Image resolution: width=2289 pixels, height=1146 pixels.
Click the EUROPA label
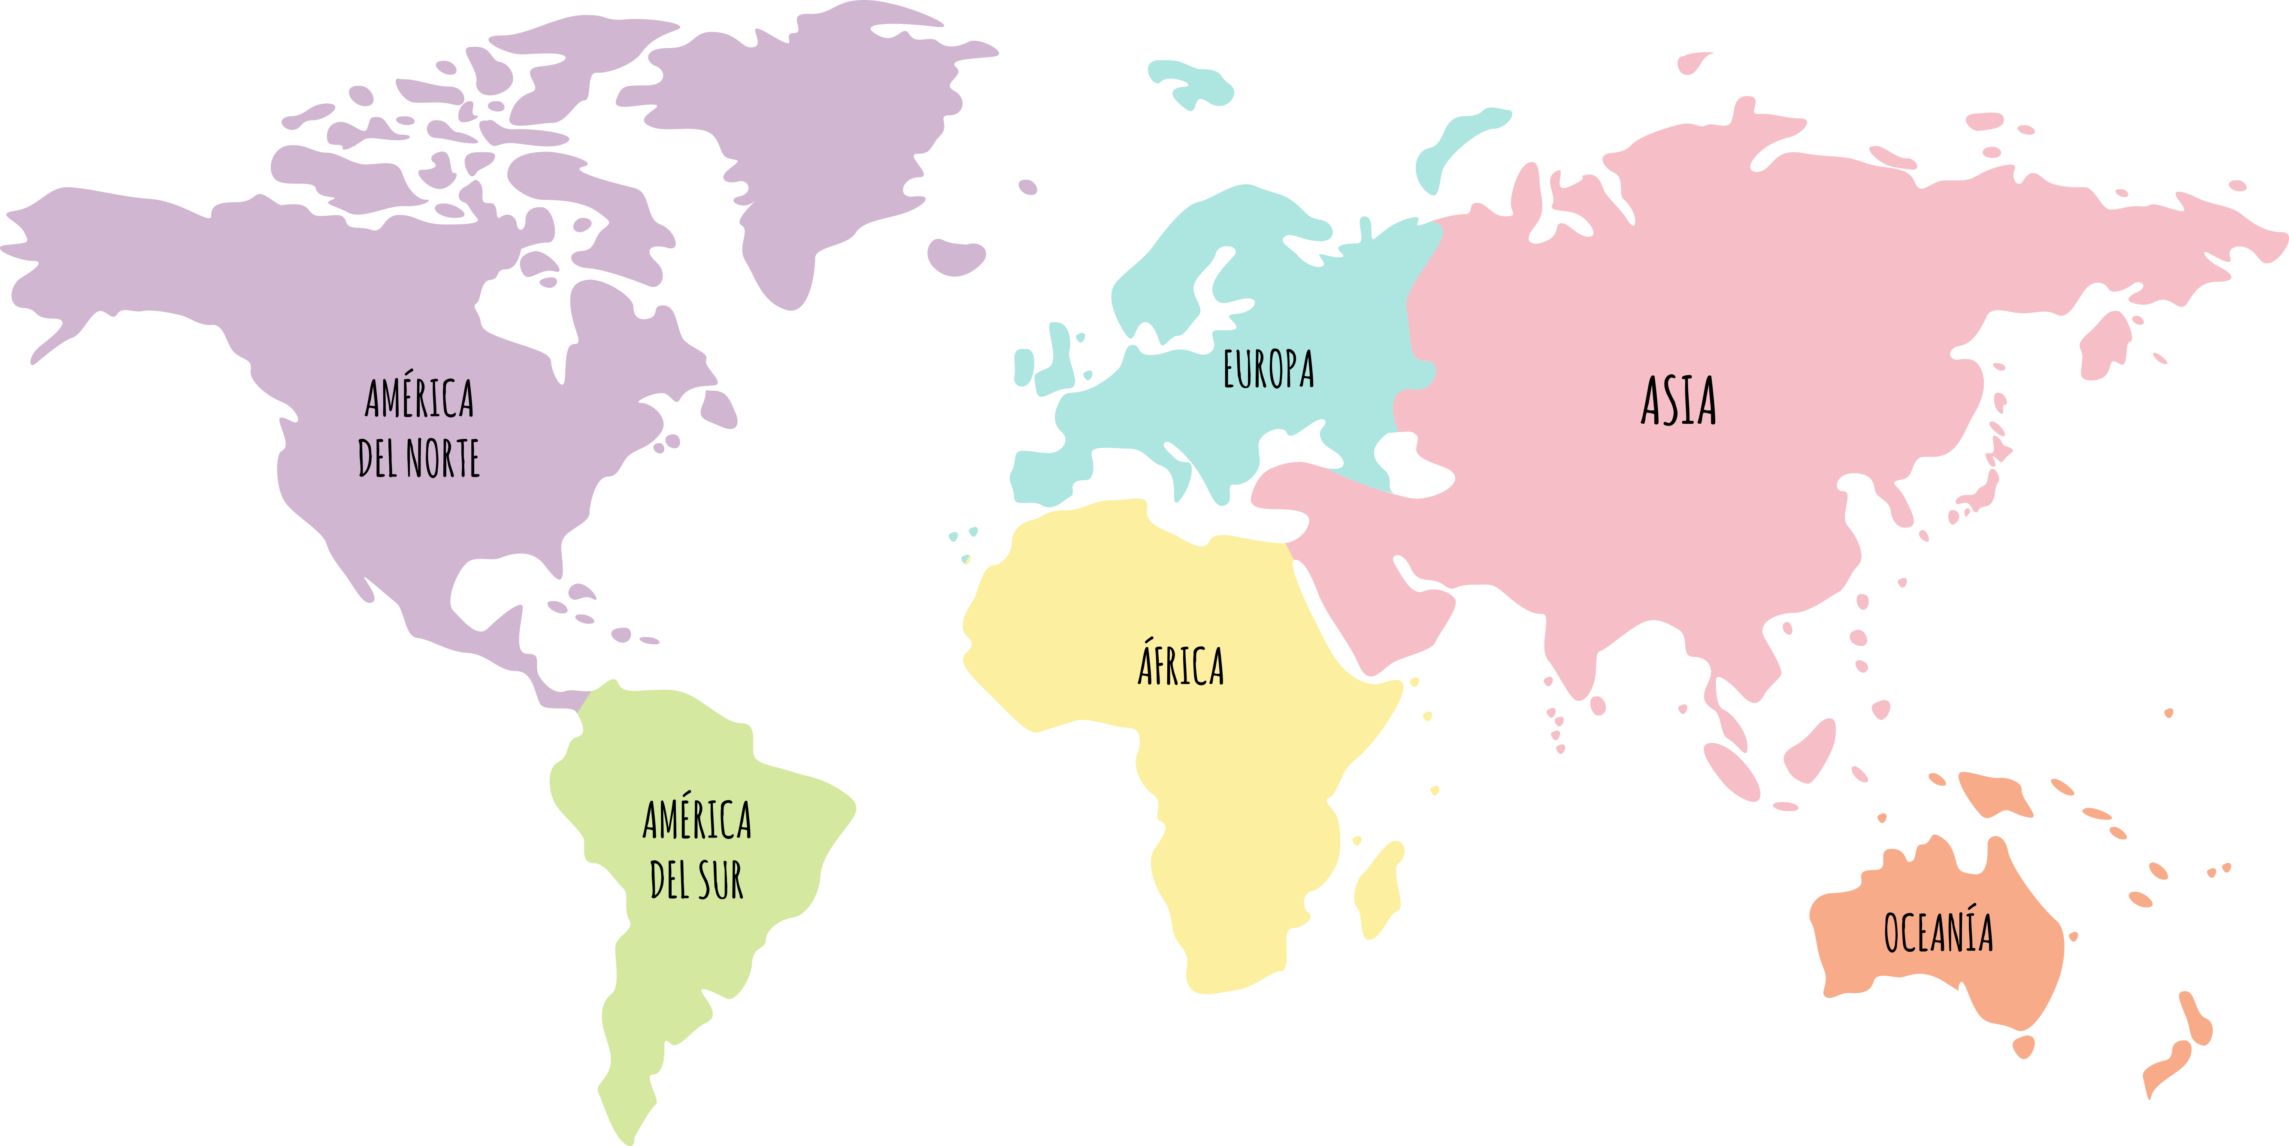1268,370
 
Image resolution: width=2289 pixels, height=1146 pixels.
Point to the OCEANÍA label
1938,933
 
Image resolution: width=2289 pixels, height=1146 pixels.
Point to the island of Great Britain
1059,356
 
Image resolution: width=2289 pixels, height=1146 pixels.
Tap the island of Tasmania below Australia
2023,1046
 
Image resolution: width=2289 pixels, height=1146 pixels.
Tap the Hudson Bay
524,311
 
